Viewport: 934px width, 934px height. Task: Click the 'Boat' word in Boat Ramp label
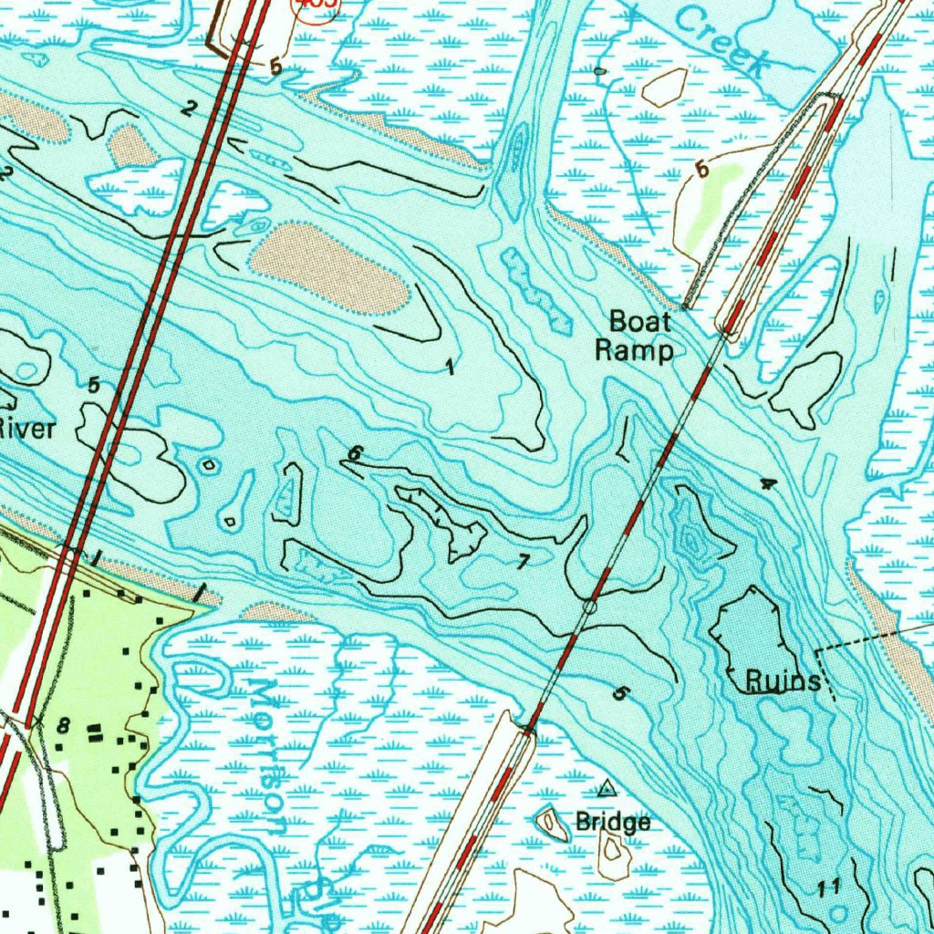[x=639, y=321]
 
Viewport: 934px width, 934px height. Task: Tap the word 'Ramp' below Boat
[x=635, y=350]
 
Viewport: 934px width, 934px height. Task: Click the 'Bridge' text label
[x=613, y=823]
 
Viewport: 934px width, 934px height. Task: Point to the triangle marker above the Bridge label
[x=607, y=787]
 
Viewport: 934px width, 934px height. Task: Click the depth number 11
[x=829, y=887]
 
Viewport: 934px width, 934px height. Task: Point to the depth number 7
[x=522, y=562]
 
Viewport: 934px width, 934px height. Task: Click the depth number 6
[x=355, y=453]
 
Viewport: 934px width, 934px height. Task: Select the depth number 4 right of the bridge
[x=768, y=483]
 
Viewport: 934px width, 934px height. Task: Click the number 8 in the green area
[x=63, y=726]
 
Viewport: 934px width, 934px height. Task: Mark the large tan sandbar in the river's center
[x=327, y=268]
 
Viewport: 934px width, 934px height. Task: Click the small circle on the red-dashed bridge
[x=589, y=606]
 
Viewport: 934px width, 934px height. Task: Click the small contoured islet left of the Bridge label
[x=551, y=824]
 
